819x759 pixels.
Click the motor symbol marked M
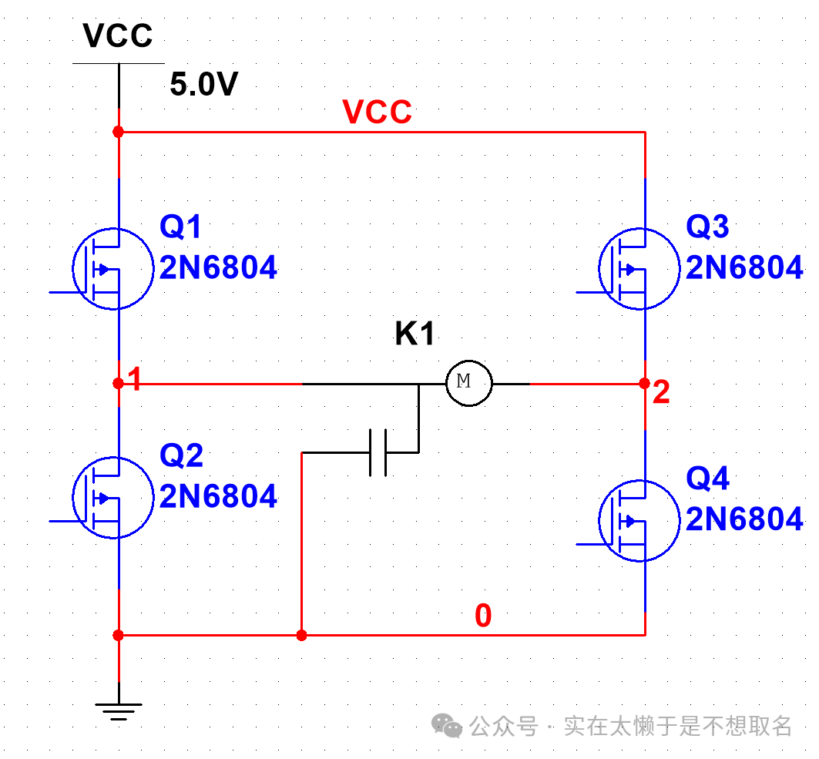pos(468,382)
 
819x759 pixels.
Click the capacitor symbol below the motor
pos(378,452)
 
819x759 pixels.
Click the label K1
pos(415,334)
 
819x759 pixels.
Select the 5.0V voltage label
pos(203,85)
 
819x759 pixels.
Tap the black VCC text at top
pos(118,35)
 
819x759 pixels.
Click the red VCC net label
pos(378,113)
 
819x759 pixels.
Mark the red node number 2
pos(660,393)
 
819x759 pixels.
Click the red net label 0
pos(483,616)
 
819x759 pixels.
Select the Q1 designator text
pos(181,227)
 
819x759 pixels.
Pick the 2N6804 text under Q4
pos(744,520)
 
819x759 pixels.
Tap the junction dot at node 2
pos(644,383)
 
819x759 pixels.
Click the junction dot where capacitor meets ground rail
pos(301,636)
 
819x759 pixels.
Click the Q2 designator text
pos(181,456)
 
